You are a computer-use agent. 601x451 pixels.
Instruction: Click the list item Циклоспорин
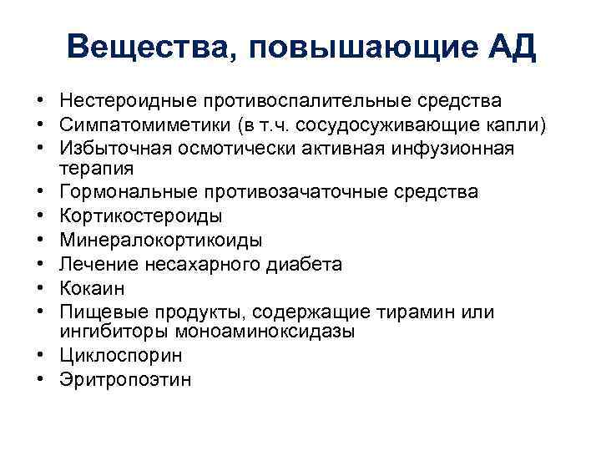[x=121, y=356]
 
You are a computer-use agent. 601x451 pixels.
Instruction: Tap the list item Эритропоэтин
[x=125, y=380]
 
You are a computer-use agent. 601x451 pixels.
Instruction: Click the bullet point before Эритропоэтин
[x=40, y=380]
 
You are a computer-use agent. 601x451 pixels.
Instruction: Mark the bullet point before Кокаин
[x=40, y=288]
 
